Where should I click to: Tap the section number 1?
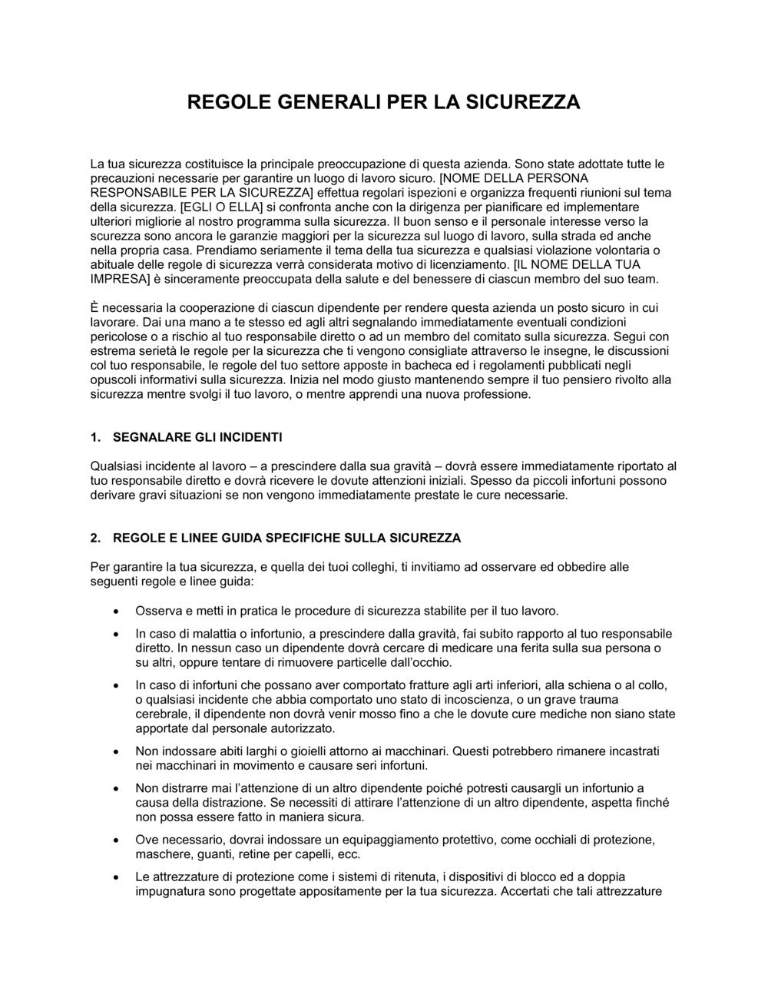tap(95, 437)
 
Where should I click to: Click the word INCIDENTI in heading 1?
tap(251, 437)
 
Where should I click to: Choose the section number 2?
tap(95, 537)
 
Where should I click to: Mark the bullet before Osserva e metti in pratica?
tap(115, 612)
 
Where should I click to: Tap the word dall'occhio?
tap(422, 662)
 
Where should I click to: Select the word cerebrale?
tap(161, 714)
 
